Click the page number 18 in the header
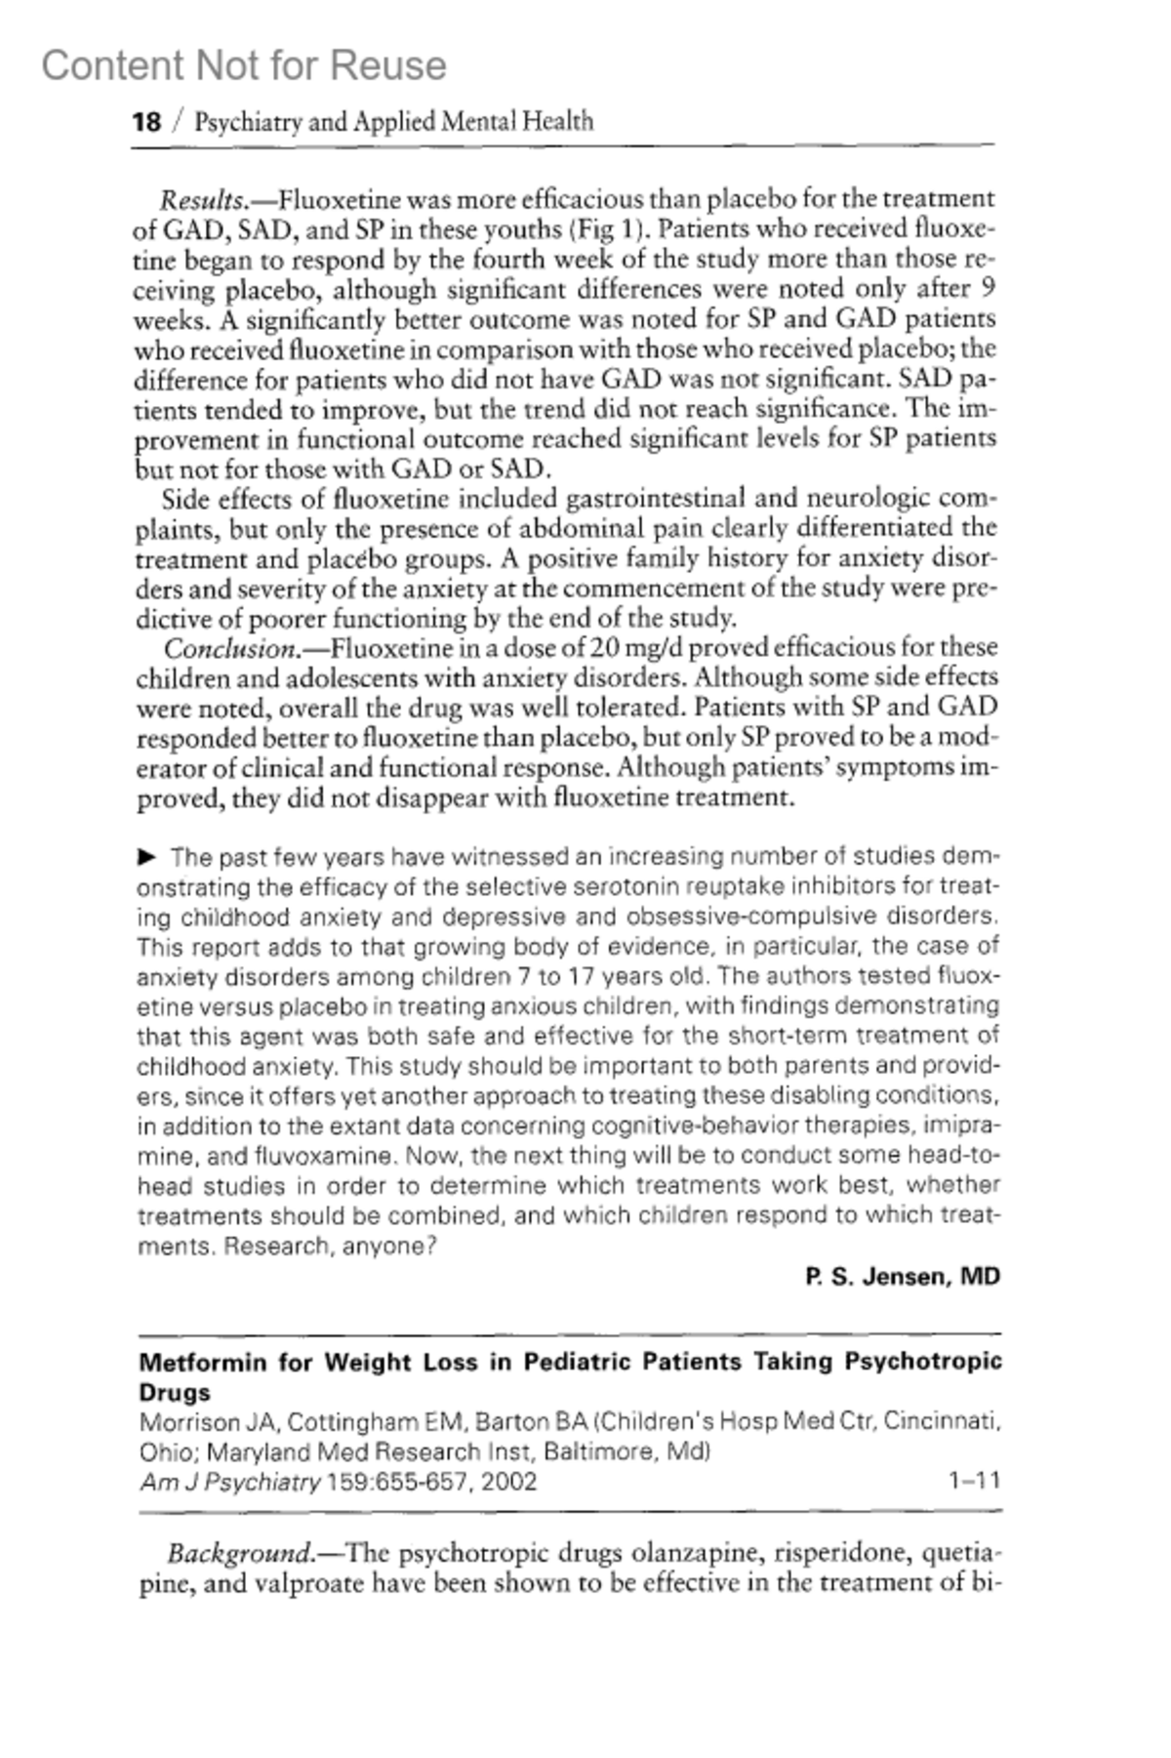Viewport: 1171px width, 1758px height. pos(146,122)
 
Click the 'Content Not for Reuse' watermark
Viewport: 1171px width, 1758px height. pos(244,66)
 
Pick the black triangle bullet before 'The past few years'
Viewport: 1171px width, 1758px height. pos(147,857)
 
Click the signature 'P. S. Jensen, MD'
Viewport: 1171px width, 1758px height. pos(903,1277)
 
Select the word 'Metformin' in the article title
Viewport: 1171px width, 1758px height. pos(203,1362)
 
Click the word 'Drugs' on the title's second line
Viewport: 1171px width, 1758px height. pos(175,1392)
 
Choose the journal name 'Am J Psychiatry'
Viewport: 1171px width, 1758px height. pos(230,1482)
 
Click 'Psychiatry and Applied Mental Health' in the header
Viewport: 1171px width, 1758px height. pos(394,122)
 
